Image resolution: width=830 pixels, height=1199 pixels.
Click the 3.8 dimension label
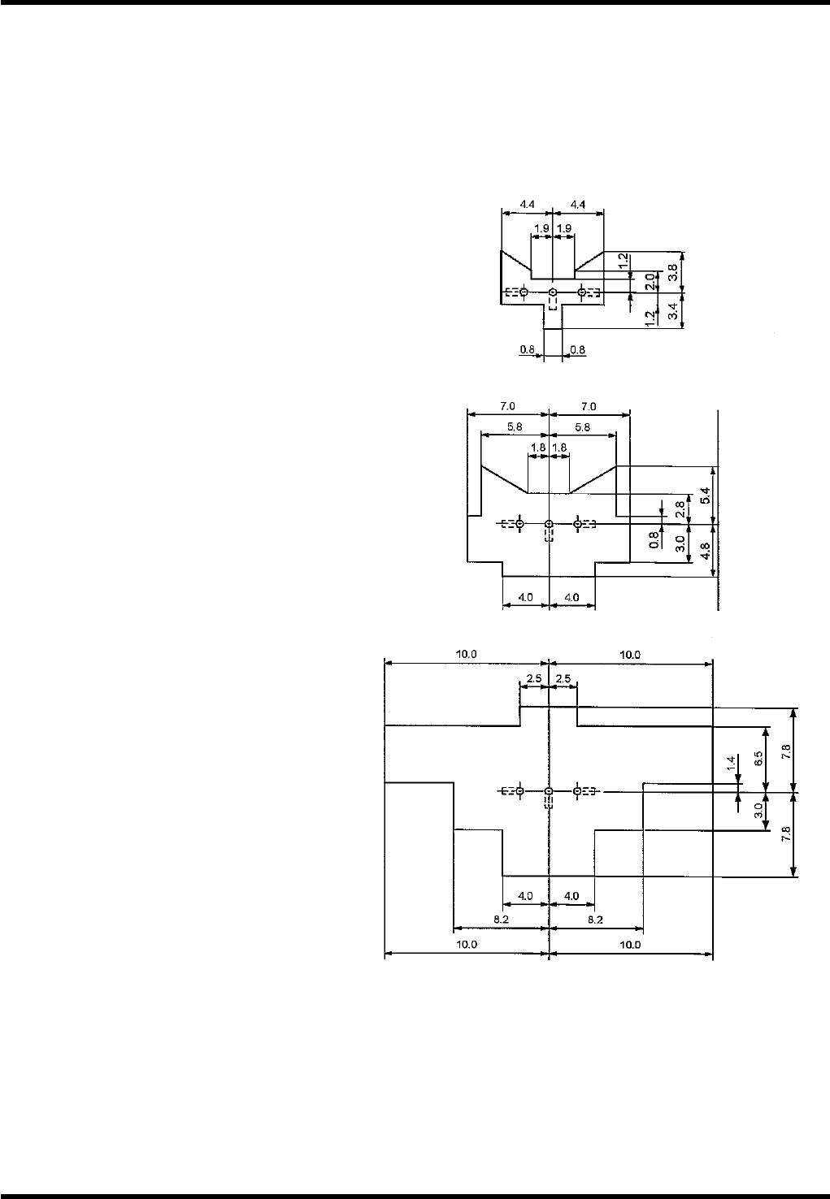[x=674, y=272]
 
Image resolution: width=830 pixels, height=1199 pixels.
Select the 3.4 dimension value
[x=674, y=310]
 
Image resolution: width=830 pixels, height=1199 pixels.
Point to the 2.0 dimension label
[x=650, y=282]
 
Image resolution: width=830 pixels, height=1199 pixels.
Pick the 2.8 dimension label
[x=680, y=509]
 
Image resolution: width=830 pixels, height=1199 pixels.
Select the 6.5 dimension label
[x=758, y=758]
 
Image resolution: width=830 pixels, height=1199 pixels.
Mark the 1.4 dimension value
[x=731, y=764]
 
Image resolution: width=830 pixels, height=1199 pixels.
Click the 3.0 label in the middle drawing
[x=680, y=543]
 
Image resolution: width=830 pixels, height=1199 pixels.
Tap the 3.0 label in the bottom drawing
[x=758, y=811]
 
